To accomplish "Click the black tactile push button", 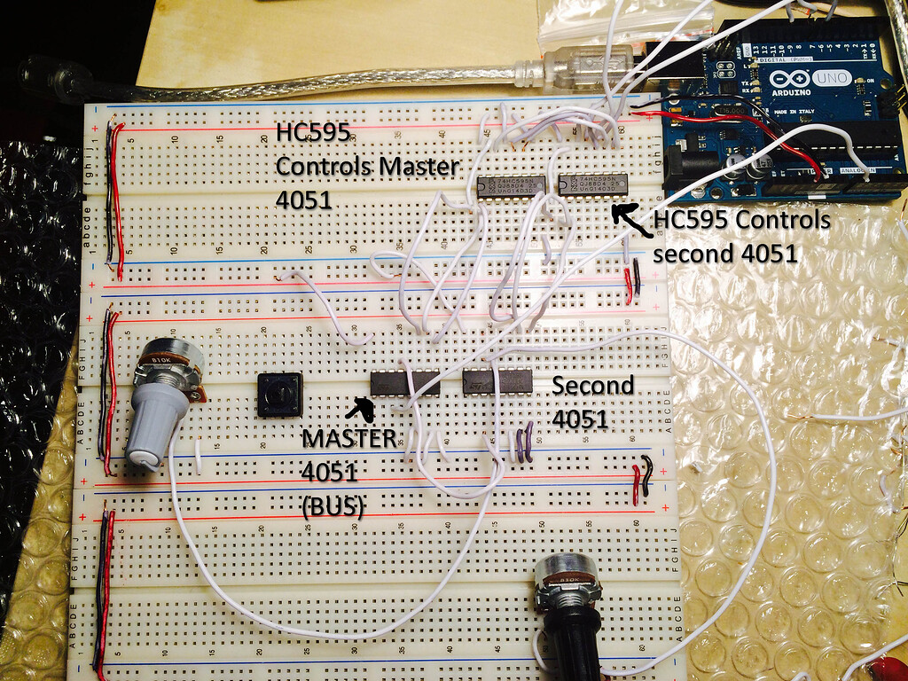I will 279,395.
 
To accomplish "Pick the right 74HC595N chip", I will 593,184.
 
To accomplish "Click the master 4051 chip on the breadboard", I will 404,382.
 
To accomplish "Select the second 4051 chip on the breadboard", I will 497,381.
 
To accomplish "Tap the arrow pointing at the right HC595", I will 630,218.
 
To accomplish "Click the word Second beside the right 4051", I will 592,386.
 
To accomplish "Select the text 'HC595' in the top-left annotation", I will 312,133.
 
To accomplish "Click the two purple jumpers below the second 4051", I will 522,443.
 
